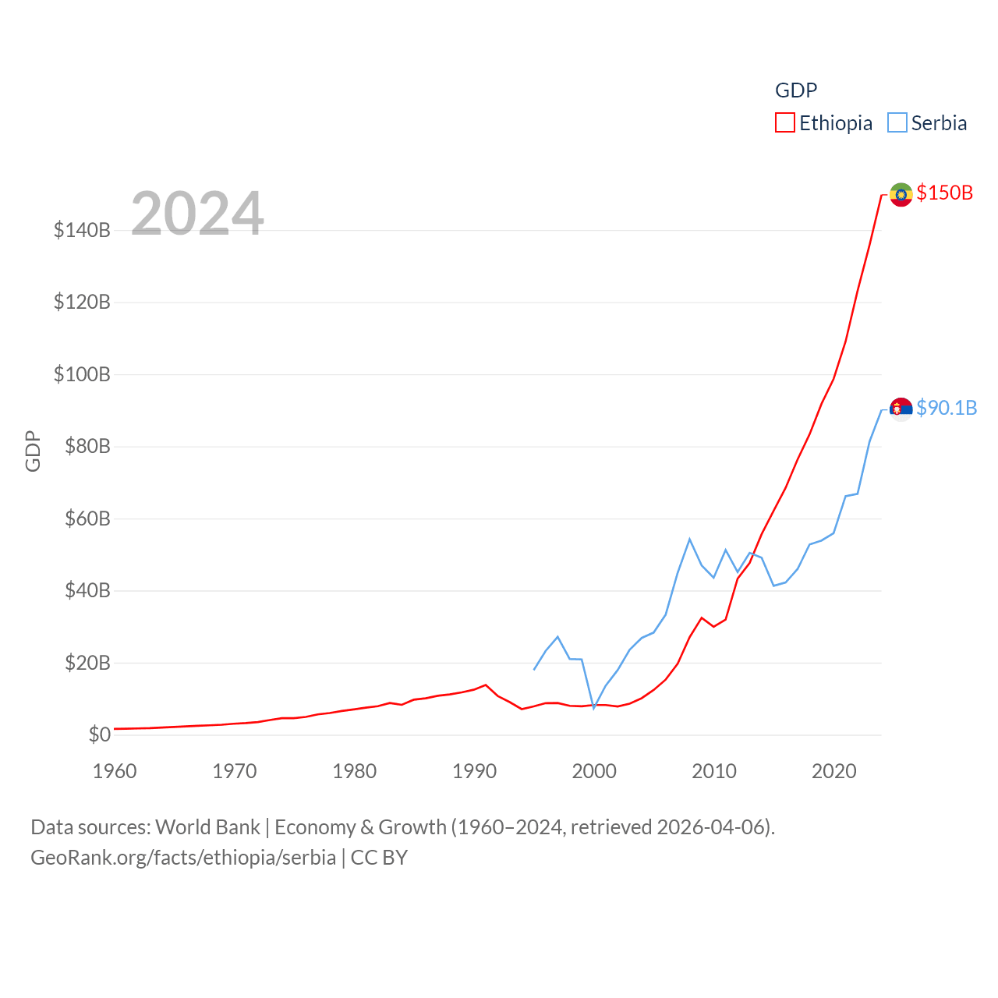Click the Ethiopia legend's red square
[x=784, y=123]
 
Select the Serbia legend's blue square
[x=897, y=123]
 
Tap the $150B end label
[x=944, y=193]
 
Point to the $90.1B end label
[x=947, y=408]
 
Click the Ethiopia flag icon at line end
[x=901, y=194]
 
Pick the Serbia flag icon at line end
[x=901, y=409]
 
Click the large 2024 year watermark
[x=197, y=214]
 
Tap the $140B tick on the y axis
[x=82, y=230]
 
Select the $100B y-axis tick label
[x=82, y=374]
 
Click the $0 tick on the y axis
[x=99, y=734]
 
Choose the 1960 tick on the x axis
[x=115, y=771]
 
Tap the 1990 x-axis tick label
[x=474, y=771]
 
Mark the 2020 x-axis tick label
[x=833, y=771]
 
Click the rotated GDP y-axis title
[x=33, y=451]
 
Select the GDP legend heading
[x=796, y=90]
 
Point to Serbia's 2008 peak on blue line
[x=690, y=539]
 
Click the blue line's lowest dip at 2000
[x=594, y=708]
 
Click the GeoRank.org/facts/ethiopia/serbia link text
[x=183, y=858]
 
